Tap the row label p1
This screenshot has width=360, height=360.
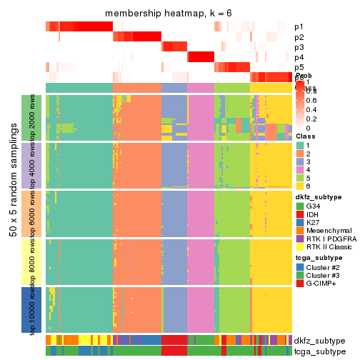click(299, 27)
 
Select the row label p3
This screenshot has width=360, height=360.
click(299, 47)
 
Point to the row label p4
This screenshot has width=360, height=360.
click(299, 57)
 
